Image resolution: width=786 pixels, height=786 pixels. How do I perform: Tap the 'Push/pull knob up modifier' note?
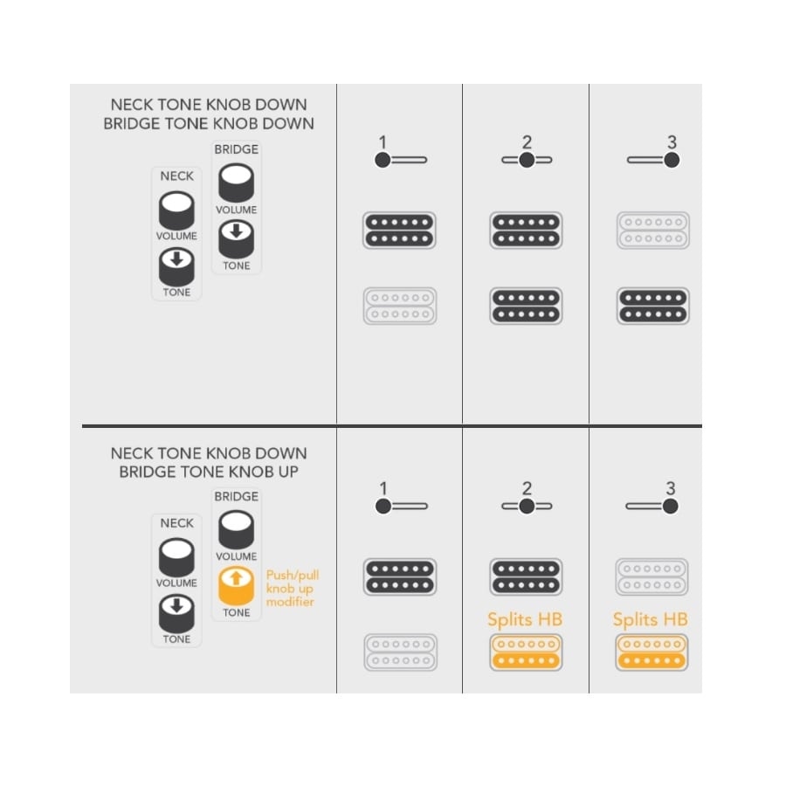293,588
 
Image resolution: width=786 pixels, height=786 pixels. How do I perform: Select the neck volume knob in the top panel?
176,210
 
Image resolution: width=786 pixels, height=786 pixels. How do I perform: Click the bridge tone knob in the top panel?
236,239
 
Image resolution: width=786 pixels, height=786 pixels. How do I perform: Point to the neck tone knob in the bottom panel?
176,614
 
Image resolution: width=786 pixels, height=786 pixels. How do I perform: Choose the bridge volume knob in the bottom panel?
236,529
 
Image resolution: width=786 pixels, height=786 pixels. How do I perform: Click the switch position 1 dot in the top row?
383,160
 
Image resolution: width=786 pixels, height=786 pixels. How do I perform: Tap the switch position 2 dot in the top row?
527,160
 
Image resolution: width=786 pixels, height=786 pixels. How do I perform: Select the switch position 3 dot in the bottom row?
670,506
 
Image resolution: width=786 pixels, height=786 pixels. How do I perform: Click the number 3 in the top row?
672,141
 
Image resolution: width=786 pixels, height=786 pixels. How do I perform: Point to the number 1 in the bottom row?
383,487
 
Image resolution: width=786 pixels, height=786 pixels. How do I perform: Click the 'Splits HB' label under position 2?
525,619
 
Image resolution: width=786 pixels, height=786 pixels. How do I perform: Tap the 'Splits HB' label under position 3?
650,619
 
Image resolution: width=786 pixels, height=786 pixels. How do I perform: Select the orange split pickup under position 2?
526,652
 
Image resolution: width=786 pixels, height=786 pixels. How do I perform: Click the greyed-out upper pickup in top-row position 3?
652,230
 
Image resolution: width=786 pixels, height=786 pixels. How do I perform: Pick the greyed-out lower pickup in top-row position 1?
399,306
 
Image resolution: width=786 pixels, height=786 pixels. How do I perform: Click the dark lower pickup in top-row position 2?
526,306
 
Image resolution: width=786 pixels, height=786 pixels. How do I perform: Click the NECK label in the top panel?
177,176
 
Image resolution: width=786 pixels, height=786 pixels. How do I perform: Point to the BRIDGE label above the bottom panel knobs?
236,496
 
